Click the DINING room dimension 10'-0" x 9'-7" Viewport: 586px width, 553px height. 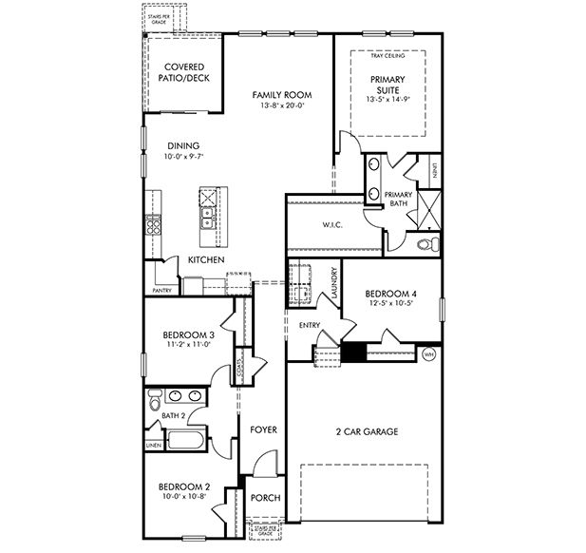(x=183, y=157)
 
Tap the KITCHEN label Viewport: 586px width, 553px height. (x=205, y=259)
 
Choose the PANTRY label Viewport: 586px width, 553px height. (x=161, y=290)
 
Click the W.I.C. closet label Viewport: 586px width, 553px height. (x=332, y=225)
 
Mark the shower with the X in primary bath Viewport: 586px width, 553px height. (x=428, y=206)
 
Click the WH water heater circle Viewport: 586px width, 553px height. (x=428, y=354)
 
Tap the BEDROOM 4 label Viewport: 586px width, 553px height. (x=390, y=295)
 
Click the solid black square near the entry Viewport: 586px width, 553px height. (x=353, y=353)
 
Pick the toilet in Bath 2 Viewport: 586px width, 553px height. (x=155, y=405)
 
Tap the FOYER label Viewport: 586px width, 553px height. (x=263, y=430)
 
